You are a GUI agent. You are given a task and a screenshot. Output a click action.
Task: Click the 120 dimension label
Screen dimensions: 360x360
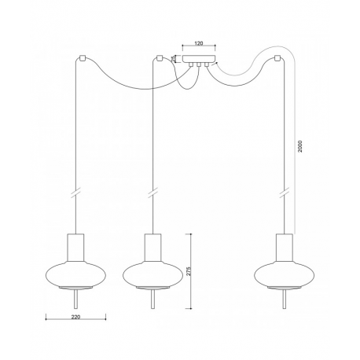click(x=199, y=43)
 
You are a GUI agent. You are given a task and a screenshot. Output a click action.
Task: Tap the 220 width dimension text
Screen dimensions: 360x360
click(x=75, y=317)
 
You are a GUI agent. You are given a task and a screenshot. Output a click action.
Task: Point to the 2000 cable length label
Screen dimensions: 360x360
click(x=300, y=146)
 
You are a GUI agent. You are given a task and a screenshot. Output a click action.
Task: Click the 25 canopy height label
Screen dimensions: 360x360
click(x=174, y=58)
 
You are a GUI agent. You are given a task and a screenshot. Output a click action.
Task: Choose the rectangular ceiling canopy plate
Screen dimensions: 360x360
click(x=199, y=59)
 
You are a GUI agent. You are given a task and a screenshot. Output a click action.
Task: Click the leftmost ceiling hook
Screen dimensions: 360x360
click(x=83, y=58)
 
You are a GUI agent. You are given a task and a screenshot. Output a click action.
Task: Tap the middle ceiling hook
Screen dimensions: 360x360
click(x=159, y=58)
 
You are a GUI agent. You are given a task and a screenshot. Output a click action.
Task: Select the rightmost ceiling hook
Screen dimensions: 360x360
click(x=277, y=58)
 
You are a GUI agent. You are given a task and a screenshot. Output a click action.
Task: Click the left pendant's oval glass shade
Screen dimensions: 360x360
click(x=75, y=275)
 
